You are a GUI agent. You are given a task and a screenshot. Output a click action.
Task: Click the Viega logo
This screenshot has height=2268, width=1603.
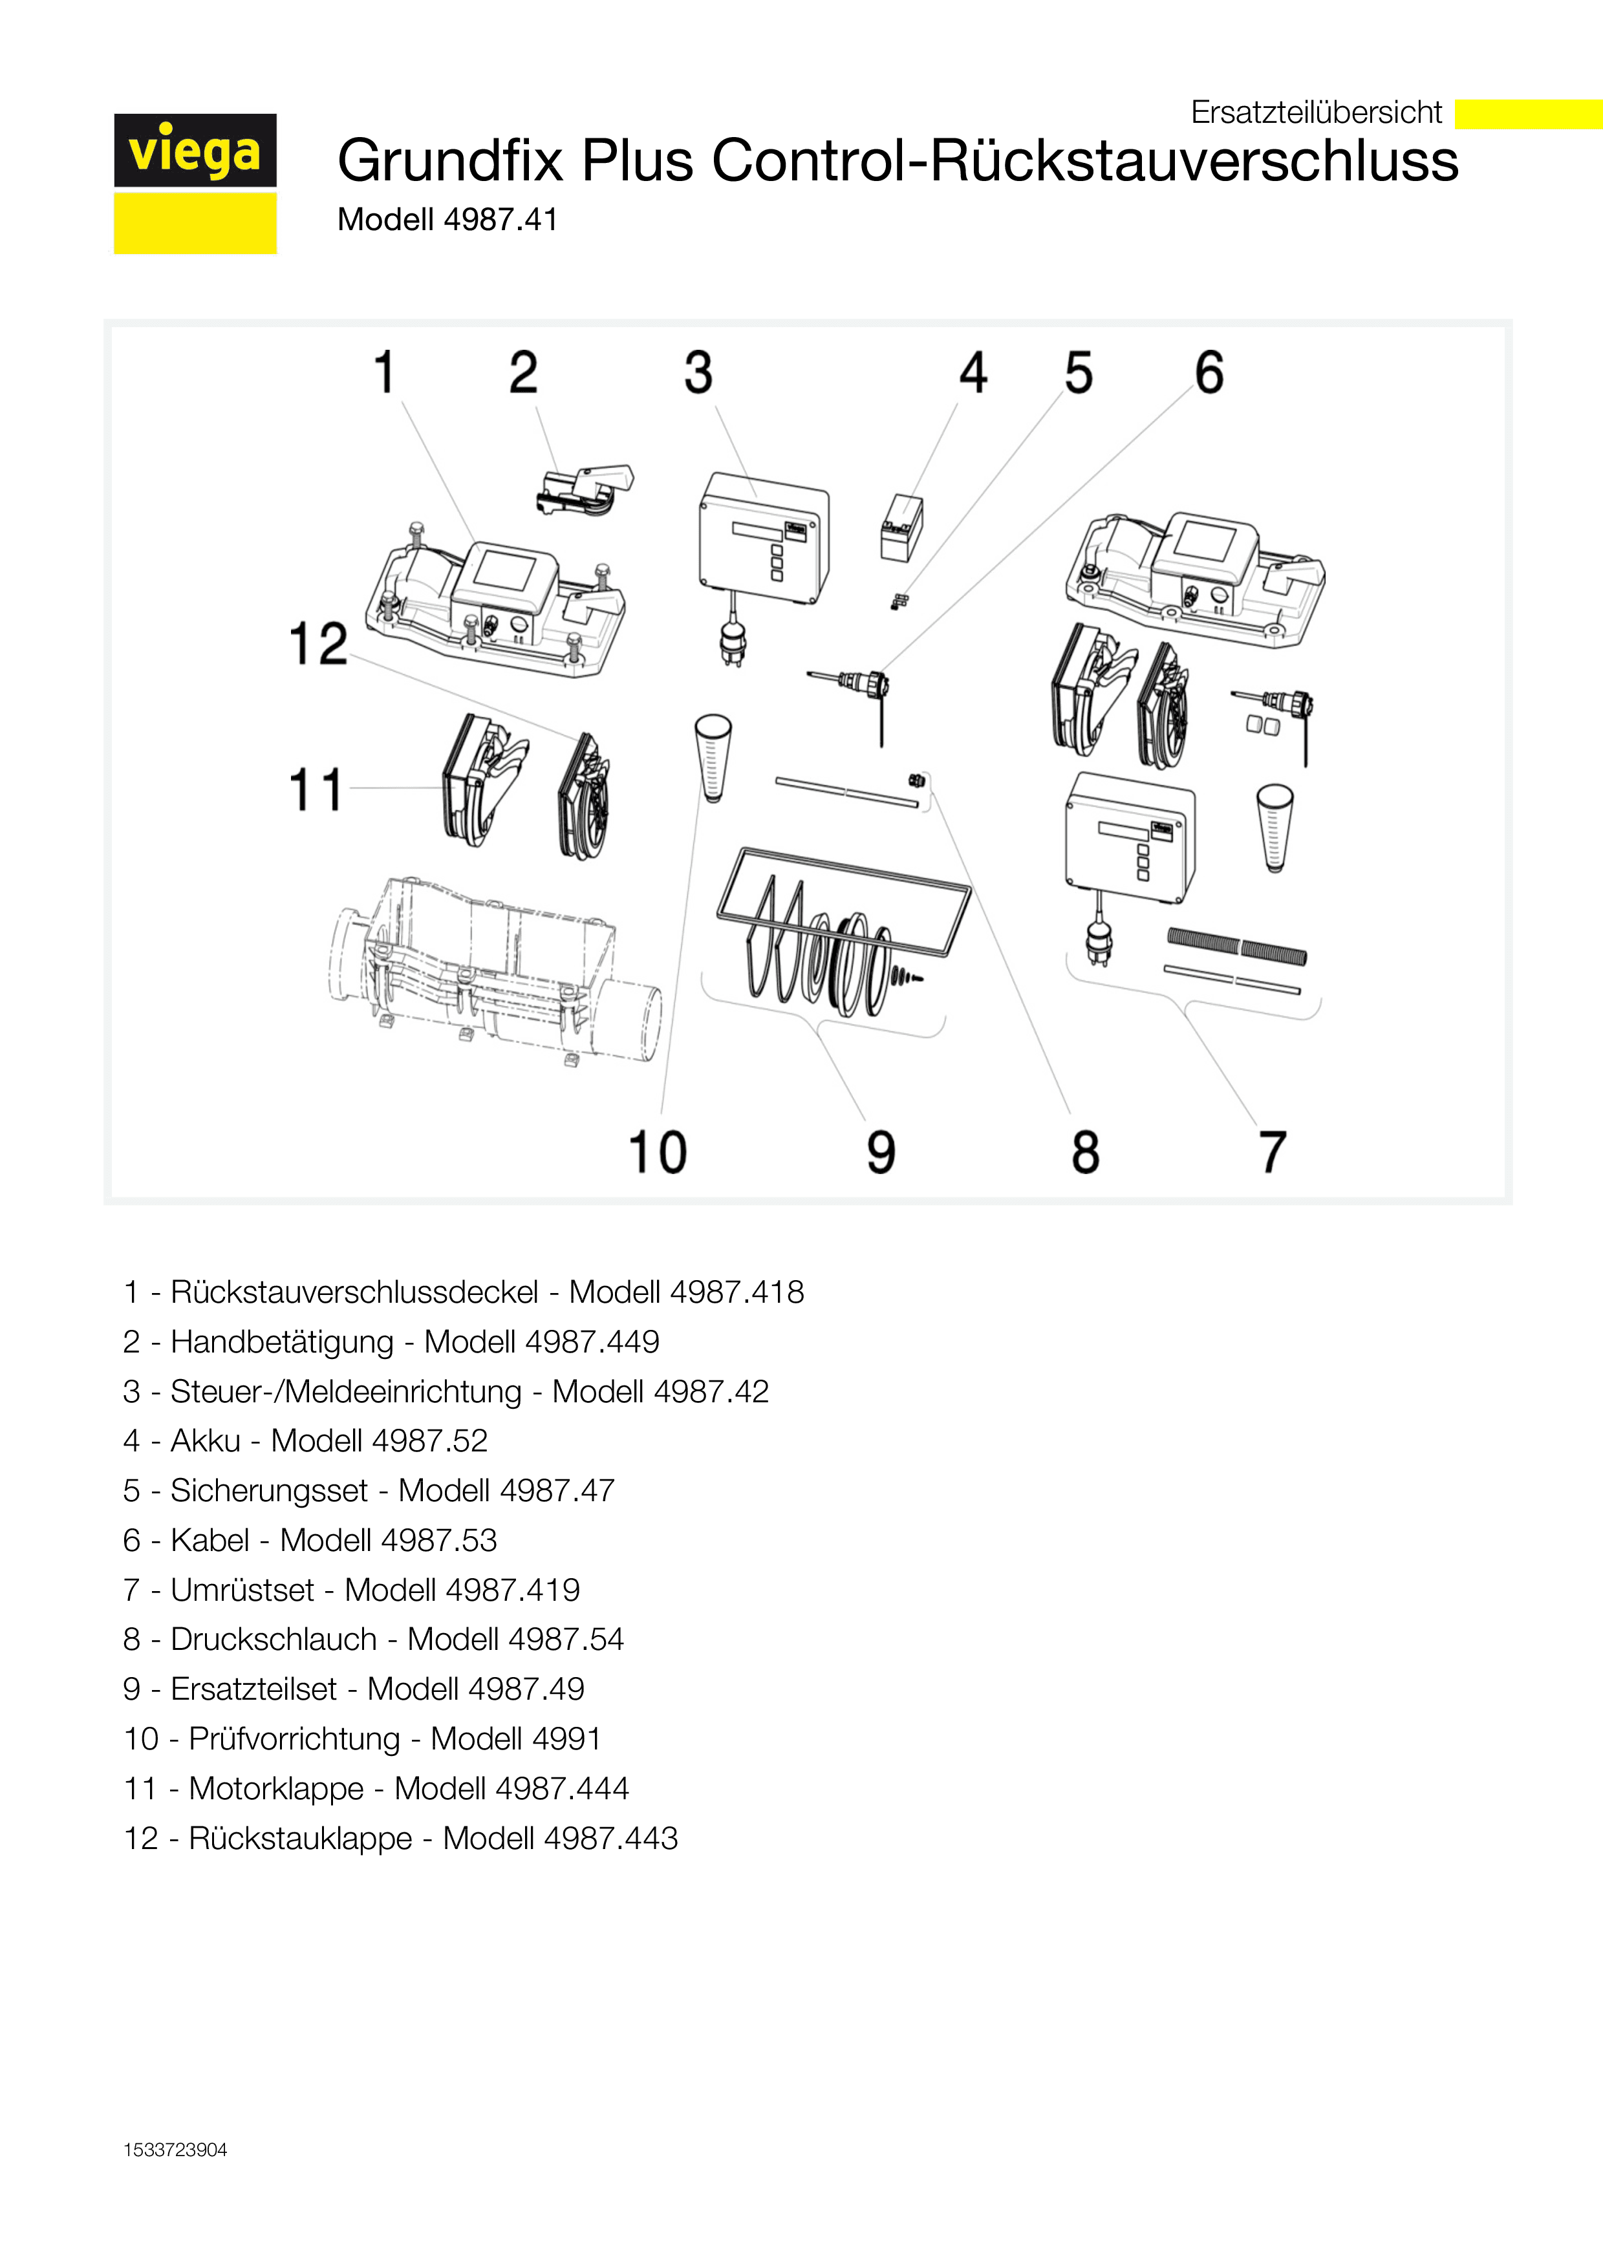[195, 184]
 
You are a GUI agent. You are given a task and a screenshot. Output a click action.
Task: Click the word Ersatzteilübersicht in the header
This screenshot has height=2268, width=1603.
[1316, 112]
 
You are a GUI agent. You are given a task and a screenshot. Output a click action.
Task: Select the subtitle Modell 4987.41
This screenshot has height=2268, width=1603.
[447, 219]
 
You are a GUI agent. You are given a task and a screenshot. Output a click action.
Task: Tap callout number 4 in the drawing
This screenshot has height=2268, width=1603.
[973, 372]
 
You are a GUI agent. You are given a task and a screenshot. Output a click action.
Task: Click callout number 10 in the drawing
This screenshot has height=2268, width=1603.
[658, 1152]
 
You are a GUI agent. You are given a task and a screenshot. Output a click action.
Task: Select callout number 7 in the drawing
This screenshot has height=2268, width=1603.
[1272, 1152]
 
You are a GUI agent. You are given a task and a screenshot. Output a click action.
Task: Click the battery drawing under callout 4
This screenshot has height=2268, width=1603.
[901, 528]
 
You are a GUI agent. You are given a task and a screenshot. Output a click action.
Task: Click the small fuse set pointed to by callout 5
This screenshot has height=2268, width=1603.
[899, 601]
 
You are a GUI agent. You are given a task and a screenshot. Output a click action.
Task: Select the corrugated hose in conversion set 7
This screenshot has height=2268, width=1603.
[1236, 945]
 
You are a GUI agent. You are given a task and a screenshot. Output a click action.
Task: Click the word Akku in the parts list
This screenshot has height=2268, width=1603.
[206, 1440]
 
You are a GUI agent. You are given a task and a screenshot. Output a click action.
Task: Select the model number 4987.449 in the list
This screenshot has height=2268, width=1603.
[592, 1342]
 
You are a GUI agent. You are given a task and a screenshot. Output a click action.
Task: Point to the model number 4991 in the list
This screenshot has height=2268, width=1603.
[566, 1738]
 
